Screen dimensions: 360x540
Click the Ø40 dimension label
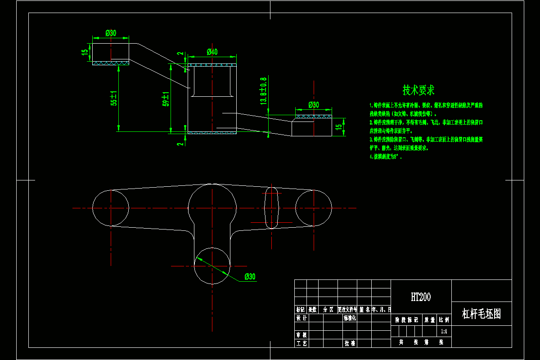212,52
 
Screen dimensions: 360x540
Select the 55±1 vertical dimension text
114,98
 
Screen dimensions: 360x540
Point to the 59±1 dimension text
166,99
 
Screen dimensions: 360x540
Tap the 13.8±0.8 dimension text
264,91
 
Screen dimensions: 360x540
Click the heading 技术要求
418,90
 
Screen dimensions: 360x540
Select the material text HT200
421,297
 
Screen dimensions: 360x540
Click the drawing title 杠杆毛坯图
481,314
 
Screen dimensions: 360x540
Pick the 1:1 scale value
444,331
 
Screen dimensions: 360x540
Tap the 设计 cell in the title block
301,318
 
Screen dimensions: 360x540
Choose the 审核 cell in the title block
301,335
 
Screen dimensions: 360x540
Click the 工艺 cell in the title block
301,343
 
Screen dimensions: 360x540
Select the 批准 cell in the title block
350,343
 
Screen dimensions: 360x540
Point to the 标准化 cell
350,318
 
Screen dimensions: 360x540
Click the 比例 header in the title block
444,320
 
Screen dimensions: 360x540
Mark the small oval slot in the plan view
271,208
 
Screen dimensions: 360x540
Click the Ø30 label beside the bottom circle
250,277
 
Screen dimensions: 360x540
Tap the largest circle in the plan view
212,208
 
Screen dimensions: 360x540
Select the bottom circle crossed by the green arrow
212,265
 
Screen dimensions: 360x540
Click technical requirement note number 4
385,157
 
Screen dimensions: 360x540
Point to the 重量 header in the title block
429,320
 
